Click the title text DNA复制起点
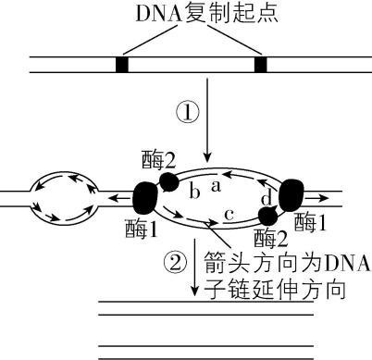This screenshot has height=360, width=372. tap(185, 15)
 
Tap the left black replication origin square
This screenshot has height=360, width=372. tap(121, 65)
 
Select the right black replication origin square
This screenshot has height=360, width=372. tap(260, 65)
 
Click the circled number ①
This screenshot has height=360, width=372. tap(189, 113)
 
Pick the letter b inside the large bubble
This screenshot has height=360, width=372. tap(194, 192)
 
